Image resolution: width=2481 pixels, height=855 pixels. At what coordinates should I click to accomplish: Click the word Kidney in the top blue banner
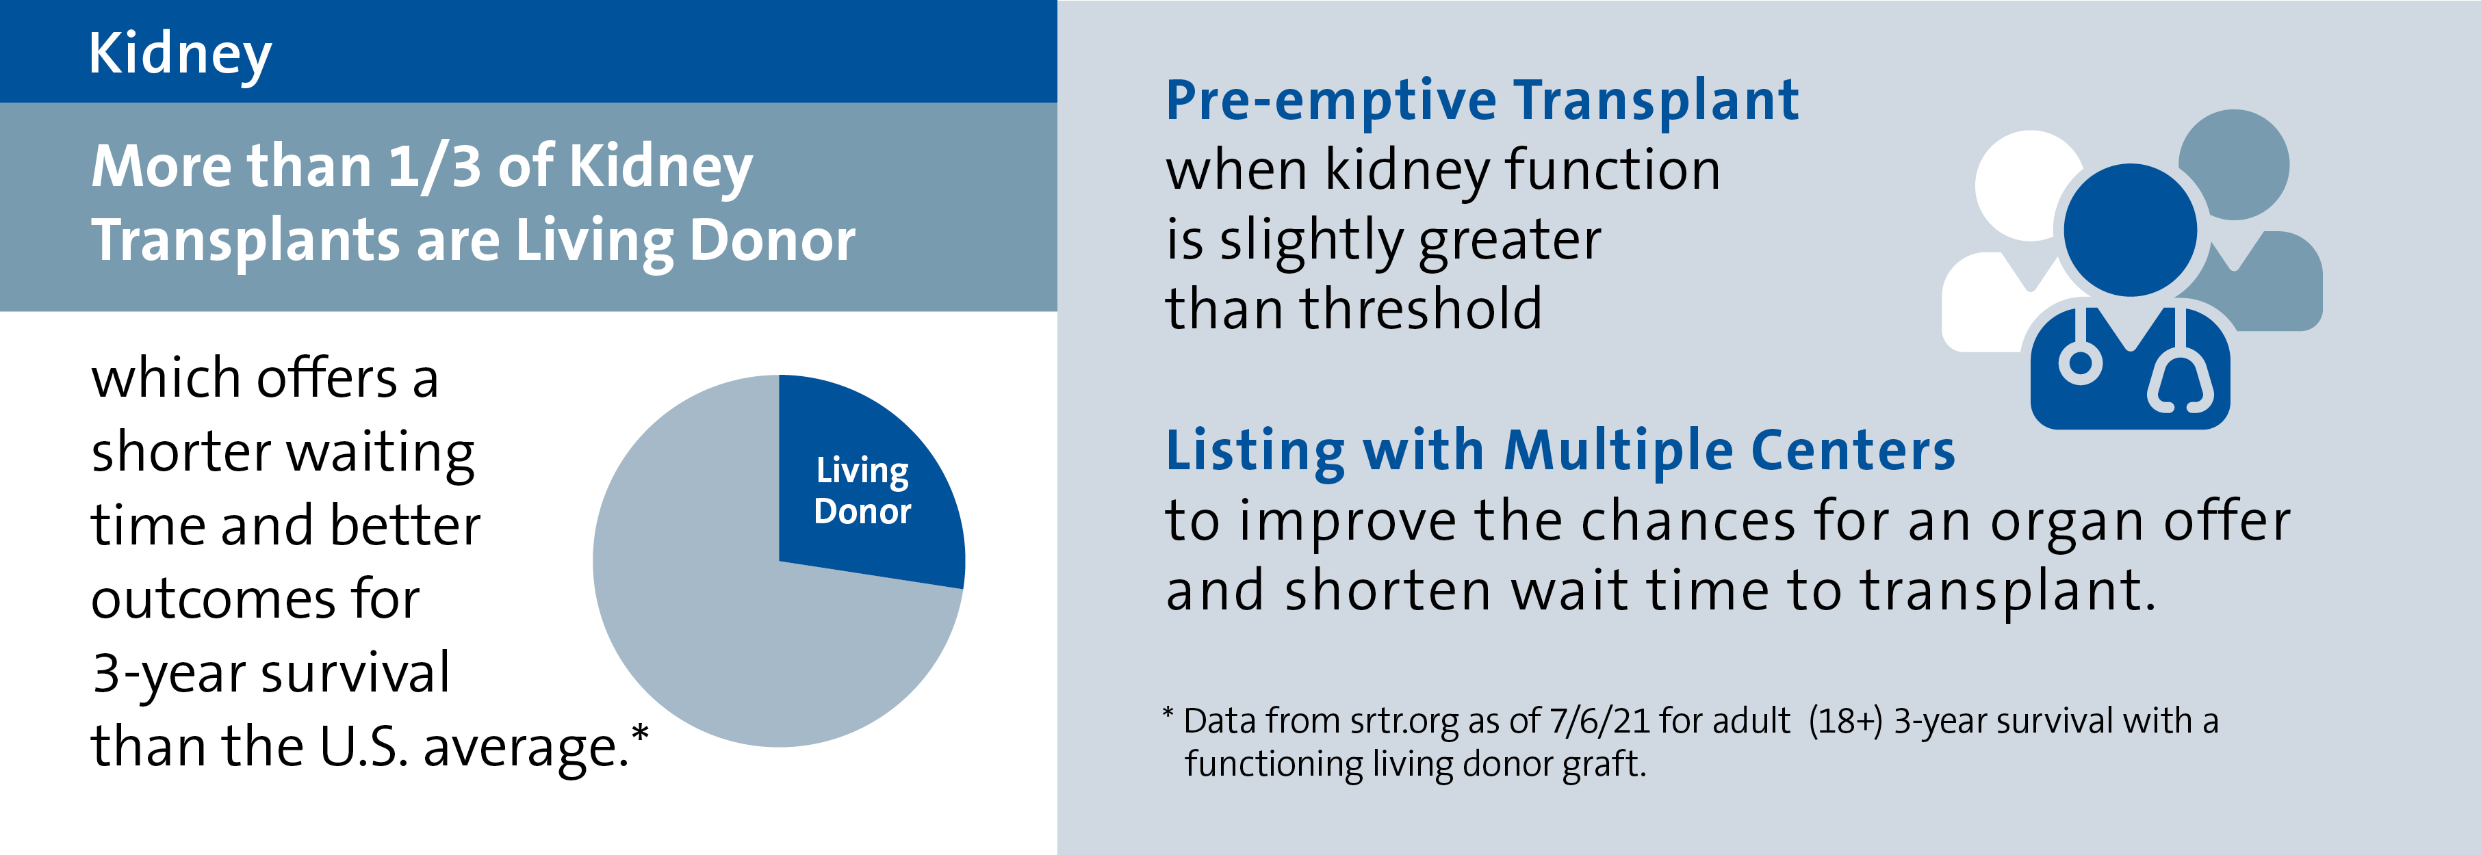[180, 55]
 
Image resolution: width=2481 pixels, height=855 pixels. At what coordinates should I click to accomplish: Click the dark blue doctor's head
[2131, 230]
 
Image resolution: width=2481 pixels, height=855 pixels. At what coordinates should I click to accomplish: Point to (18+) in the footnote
[1844, 721]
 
